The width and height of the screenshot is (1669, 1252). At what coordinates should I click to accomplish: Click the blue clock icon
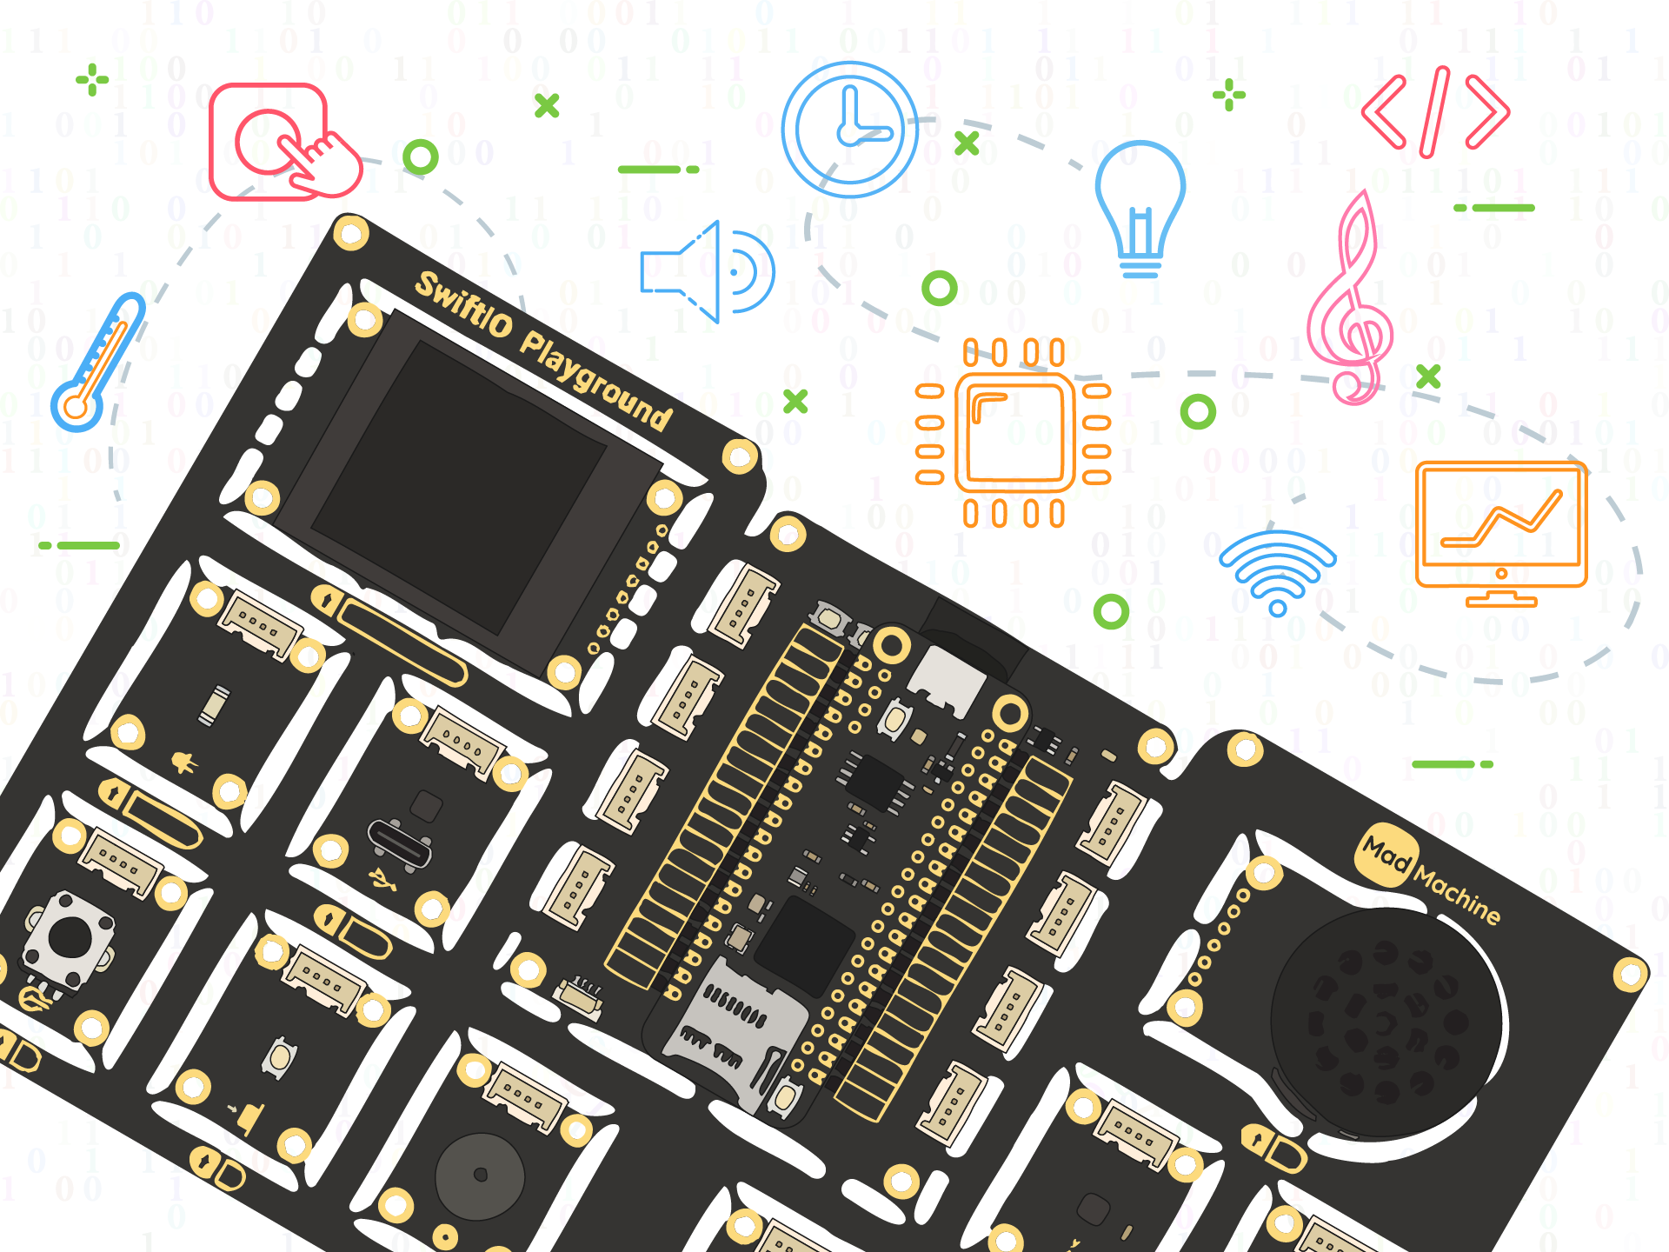pos(849,130)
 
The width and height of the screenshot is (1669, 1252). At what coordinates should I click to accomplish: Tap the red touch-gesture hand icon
pos(285,143)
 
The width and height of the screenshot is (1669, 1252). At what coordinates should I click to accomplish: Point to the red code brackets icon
pos(1435,112)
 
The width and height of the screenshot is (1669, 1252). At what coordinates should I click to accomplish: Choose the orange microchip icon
pos(1014,433)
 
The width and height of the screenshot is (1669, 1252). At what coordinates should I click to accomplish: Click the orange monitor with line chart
pos(1501,534)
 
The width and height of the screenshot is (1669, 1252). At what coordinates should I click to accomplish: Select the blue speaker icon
pos(707,271)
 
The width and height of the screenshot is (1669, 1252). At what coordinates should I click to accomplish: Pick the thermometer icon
pos(98,362)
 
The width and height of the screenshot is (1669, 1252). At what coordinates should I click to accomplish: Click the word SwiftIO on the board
pos(464,304)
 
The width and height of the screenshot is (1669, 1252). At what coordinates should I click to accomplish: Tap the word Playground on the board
pos(596,381)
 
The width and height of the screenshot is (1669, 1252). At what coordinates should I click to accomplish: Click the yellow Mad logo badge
pos(1387,855)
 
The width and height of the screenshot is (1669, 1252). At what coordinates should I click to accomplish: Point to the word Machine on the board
pos(1458,896)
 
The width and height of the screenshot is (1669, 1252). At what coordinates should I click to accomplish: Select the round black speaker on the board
pos(1386,1022)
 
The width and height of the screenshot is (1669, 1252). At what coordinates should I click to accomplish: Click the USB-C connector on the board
pos(400,842)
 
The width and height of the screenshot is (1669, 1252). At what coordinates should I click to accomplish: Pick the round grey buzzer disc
pos(480,1176)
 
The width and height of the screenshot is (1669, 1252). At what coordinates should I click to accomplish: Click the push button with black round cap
pos(69,940)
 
